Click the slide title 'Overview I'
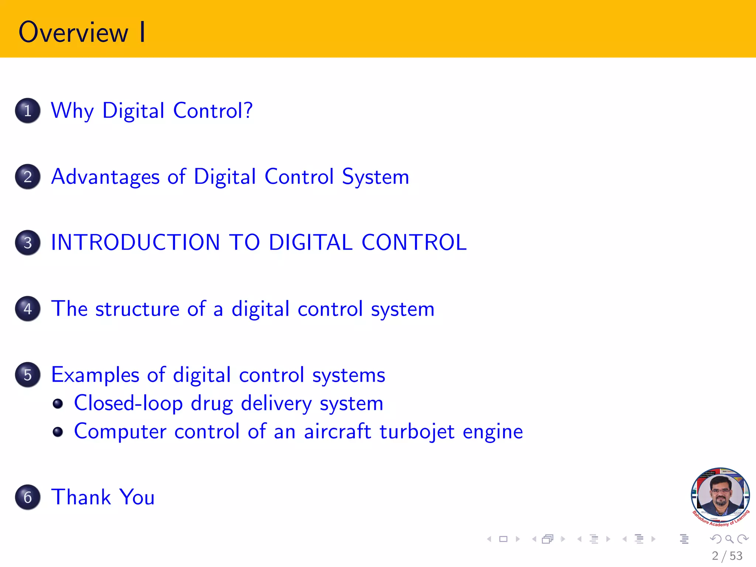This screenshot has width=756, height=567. [x=82, y=32]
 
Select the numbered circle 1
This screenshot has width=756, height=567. [x=28, y=110]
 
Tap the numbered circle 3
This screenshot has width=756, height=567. [x=28, y=243]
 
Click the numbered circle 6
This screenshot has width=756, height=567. [x=28, y=497]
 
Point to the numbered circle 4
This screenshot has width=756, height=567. [x=28, y=309]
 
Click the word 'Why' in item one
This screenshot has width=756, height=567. [x=72, y=111]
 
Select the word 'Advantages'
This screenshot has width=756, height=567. [x=105, y=177]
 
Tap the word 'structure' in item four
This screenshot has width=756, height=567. [x=137, y=309]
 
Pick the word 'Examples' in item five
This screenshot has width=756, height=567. [x=95, y=375]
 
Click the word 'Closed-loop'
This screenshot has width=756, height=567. [x=128, y=403]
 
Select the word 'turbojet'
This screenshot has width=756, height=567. [x=417, y=432]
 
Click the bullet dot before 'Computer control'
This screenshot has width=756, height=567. [x=58, y=432]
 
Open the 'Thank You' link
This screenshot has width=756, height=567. [x=103, y=497]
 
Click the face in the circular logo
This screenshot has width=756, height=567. [x=720, y=493]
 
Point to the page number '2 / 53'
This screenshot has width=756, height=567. [x=727, y=556]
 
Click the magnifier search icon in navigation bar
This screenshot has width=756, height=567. [x=729, y=539]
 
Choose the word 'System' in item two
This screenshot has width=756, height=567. [x=375, y=177]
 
